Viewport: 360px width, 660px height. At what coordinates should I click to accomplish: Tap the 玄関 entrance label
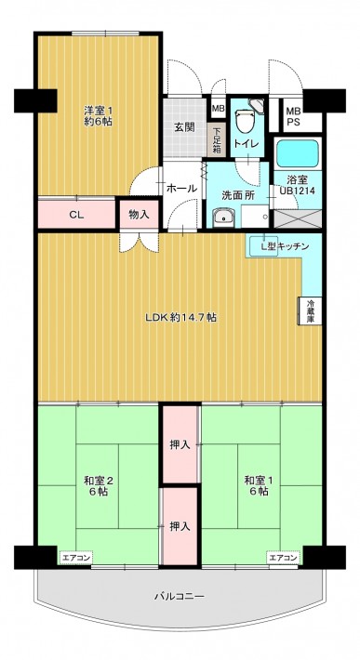(x=184, y=127)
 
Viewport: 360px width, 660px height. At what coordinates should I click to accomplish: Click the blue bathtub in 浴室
(x=298, y=153)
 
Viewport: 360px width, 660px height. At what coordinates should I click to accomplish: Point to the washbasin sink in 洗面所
(x=223, y=218)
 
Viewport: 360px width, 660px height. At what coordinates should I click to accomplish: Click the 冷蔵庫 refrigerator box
(x=311, y=310)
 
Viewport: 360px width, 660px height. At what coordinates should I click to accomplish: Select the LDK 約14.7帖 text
(x=181, y=318)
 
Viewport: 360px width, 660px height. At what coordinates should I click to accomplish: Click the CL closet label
(x=76, y=215)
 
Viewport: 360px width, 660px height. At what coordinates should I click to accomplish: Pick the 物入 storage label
(x=139, y=215)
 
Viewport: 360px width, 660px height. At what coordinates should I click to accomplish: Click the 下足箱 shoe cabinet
(x=217, y=139)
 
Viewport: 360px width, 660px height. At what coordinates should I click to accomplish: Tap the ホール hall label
(x=182, y=188)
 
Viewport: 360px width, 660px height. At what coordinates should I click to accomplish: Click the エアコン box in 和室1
(x=284, y=558)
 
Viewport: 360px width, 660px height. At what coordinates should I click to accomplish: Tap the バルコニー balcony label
(x=180, y=597)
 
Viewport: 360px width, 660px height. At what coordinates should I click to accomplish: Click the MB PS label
(x=292, y=116)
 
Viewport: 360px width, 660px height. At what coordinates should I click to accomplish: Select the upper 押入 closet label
(x=180, y=444)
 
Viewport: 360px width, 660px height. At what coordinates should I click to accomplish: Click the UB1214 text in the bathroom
(x=298, y=191)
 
